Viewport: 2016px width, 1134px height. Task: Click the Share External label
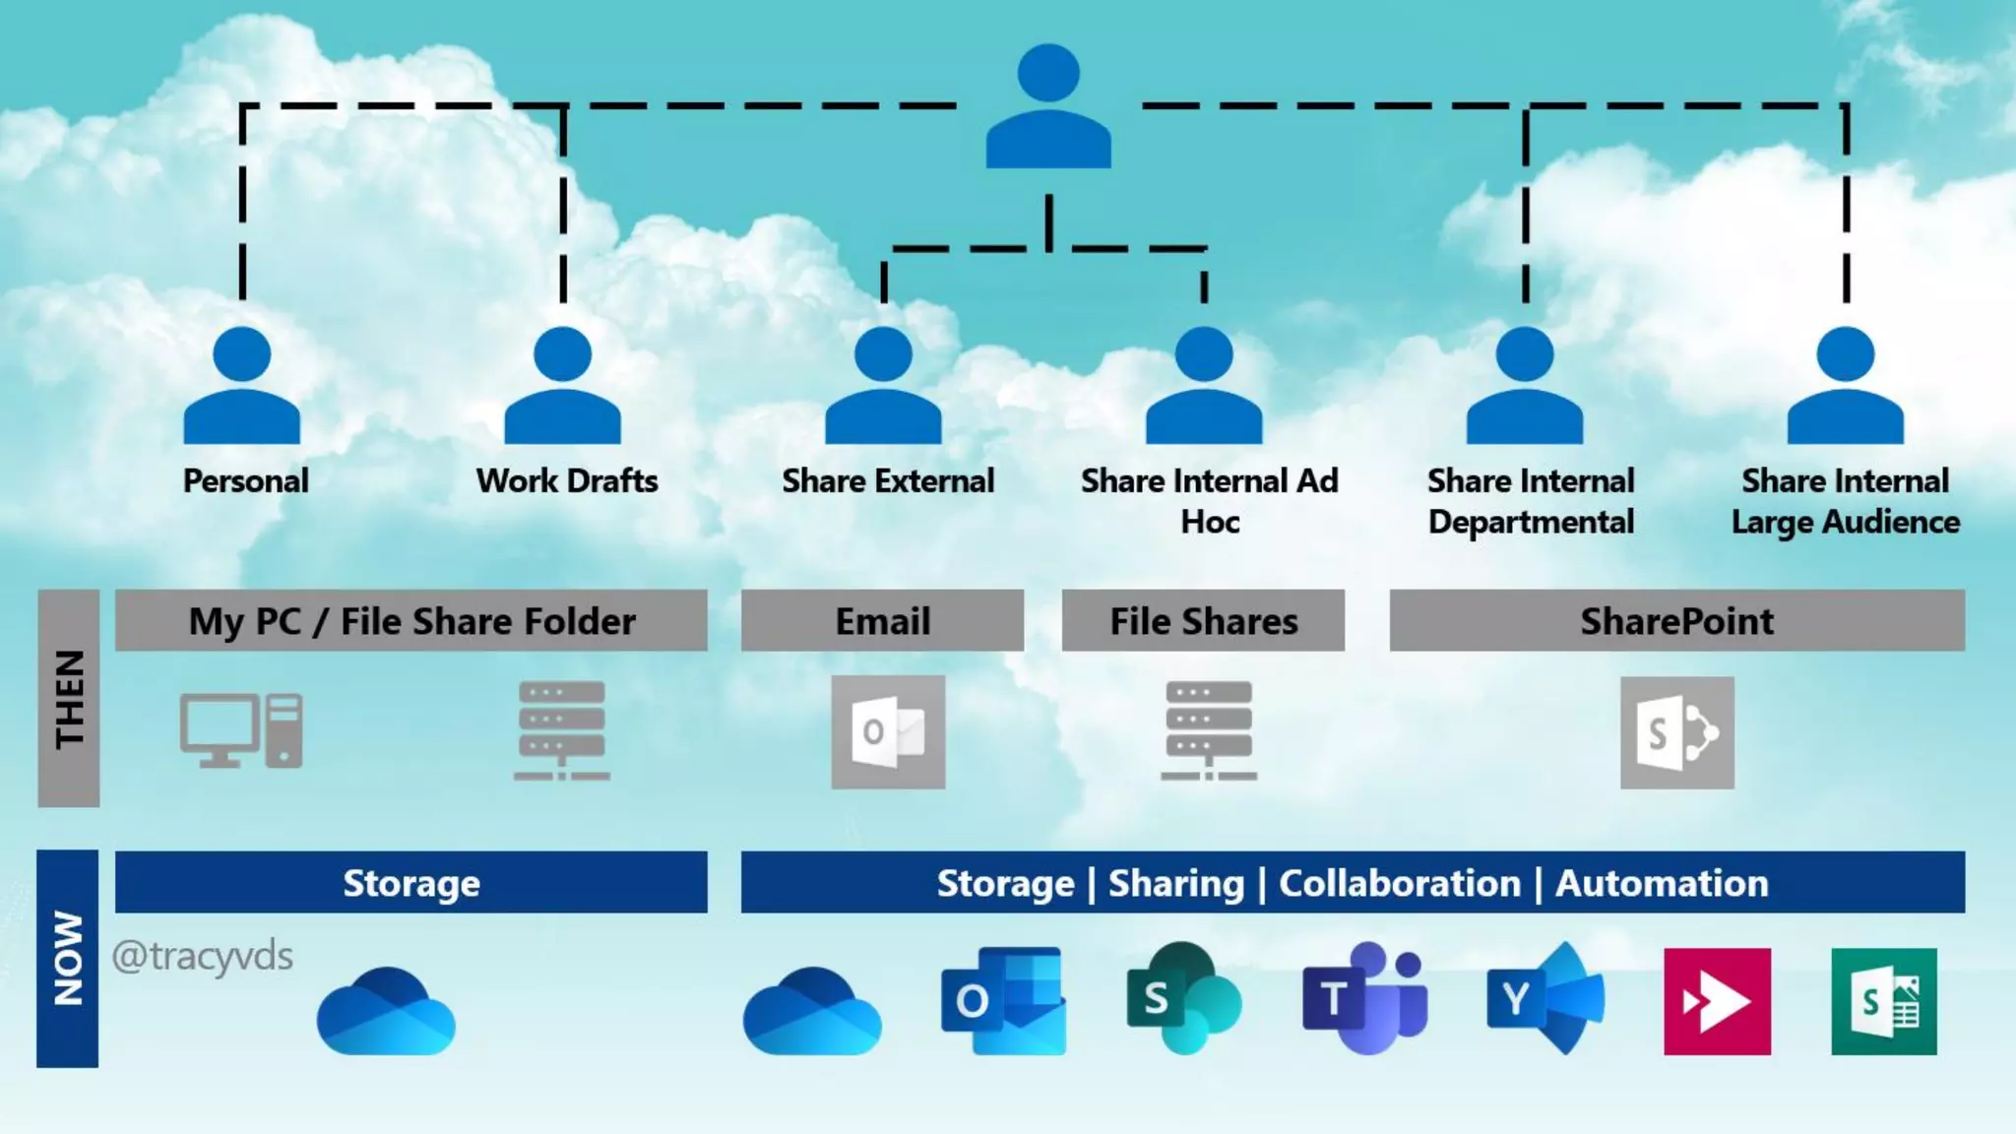[x=888, y=481]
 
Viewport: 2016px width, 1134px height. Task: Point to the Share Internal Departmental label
[x=1531, y=501]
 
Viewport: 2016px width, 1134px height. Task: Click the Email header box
[x=882, y=621]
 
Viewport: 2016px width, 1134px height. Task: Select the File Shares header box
[x=1203, y=621]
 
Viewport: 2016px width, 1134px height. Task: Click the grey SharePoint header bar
[x=1676, y=621]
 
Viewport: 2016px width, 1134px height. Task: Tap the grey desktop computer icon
[x=241, y=730]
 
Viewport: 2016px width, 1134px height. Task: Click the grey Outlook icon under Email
[x=888, y=731]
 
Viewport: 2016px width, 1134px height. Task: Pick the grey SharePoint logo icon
[x=1677, y=732]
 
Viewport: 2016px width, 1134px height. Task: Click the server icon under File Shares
[x=1209, y=730]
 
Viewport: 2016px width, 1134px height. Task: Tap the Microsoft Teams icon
[x=1364, y=998]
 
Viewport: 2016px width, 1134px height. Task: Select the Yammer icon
[x=1544, y=999]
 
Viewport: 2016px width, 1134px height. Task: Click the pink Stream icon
[x=1717, y=1001]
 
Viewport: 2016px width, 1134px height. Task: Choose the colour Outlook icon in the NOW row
[x=1003, y=1000]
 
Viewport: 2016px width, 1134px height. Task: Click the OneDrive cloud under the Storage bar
[x=386, y=1011]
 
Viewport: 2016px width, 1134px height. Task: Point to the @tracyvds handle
[x=203, y=956]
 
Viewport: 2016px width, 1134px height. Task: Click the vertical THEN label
[x=69, y=699]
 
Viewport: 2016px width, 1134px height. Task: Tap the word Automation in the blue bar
[x=1662, y=883]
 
